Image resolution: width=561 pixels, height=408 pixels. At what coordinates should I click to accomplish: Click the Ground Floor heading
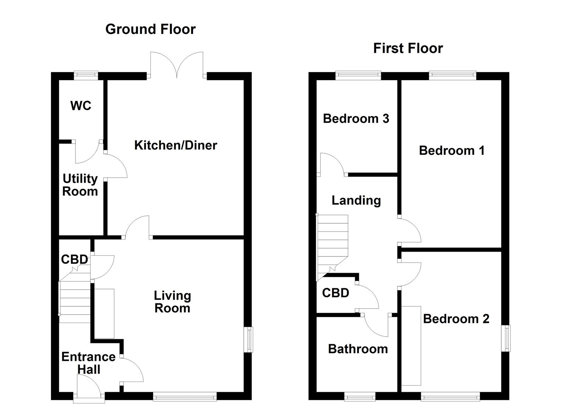pyautogui.click(x=150, y=29)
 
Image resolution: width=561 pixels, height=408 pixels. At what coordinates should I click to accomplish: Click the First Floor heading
pyautogui.click(x=408, y=48)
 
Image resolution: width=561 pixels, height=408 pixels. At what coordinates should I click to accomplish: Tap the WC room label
pyautogui.click(x=80, y=106)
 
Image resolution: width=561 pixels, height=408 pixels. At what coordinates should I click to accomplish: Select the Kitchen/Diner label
pyautogui.click(x=176, y=145)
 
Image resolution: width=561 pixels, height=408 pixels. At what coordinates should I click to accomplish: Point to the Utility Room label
pyautogui.click(x=80, y=185)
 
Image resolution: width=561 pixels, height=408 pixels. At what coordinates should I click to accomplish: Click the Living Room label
pyautogui.click(x=172, y=301)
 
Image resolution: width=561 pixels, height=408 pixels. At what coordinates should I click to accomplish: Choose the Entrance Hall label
pyautogui.click(x=88, y=363)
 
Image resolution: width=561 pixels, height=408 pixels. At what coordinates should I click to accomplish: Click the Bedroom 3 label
pyautogui.click(x=356, y=119)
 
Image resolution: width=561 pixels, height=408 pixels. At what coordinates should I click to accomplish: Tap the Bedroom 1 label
pyautogui.click(x=451, y=151)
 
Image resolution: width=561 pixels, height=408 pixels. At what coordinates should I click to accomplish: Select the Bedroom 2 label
pyautogui.click(x=456, y=319)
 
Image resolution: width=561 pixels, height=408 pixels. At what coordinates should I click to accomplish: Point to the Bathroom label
pyautogui.click(x=358, y=349)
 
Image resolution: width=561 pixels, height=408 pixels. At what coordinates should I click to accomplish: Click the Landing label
pyautogui.click(x=356, y=200)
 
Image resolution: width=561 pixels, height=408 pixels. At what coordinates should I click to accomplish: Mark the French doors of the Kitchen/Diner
pyautogui.click(x=177, y=66)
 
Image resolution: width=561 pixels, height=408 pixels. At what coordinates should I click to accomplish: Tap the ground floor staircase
pyautogui.click(x=75, y=298)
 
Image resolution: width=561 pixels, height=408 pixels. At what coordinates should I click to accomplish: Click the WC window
pyautogui.click(x=86, y=75)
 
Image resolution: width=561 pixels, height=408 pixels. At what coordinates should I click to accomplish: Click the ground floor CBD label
pyautogui.click(x=74, y=260)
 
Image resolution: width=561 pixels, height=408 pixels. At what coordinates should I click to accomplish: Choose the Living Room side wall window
pyautogui.click(x=249, y=339)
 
